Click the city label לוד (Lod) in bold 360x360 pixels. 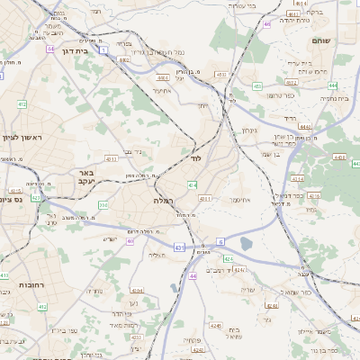[196, 157]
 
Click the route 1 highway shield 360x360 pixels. [103, 50]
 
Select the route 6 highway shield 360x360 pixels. [220, 242]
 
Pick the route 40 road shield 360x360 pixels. [130, 241]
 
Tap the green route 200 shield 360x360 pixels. [103, 205]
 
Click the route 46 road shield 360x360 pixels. [267, 23]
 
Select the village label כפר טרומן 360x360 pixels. [281, 94]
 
